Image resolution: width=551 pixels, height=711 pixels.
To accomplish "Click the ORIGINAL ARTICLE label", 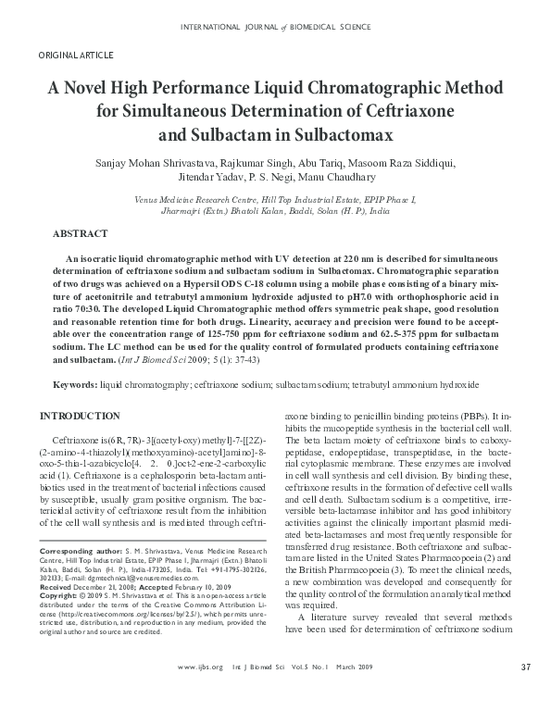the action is pyautogui.click(x=70, y=56).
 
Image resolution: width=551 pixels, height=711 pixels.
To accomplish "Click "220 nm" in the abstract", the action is pyautogui.click(x=339, y=258).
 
